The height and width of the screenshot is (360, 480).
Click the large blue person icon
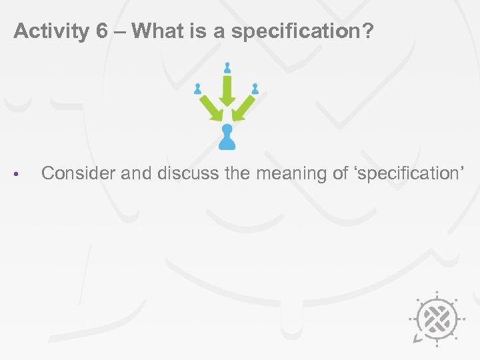pos(227,136)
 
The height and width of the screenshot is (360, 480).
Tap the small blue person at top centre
pos(227,67)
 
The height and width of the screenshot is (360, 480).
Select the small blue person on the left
pos(197,88)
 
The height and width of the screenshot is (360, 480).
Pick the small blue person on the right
pos(255,88)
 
